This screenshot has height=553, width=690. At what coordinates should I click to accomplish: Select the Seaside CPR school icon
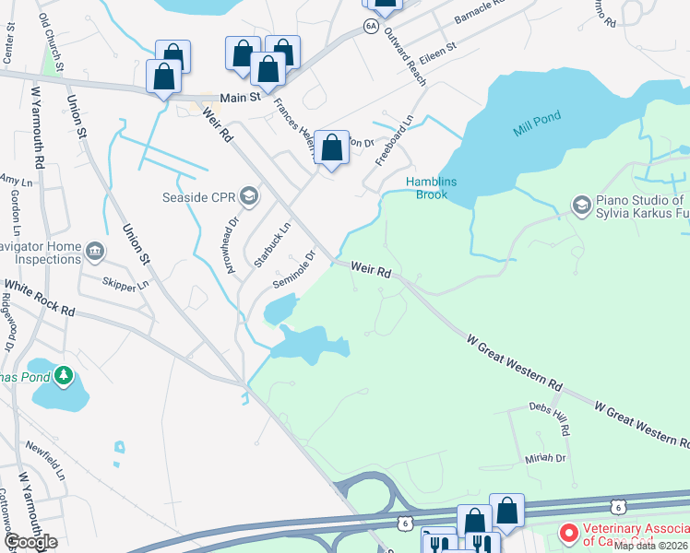(248, 195)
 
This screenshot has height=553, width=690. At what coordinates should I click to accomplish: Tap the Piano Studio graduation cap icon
(581, 204)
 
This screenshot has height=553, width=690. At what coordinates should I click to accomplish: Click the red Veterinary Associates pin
(569, 533)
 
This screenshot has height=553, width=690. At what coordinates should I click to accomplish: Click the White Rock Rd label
(39, 300)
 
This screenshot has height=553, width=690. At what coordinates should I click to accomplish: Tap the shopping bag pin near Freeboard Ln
(331, 147)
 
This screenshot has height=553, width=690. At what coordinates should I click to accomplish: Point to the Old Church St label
(53, 44)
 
